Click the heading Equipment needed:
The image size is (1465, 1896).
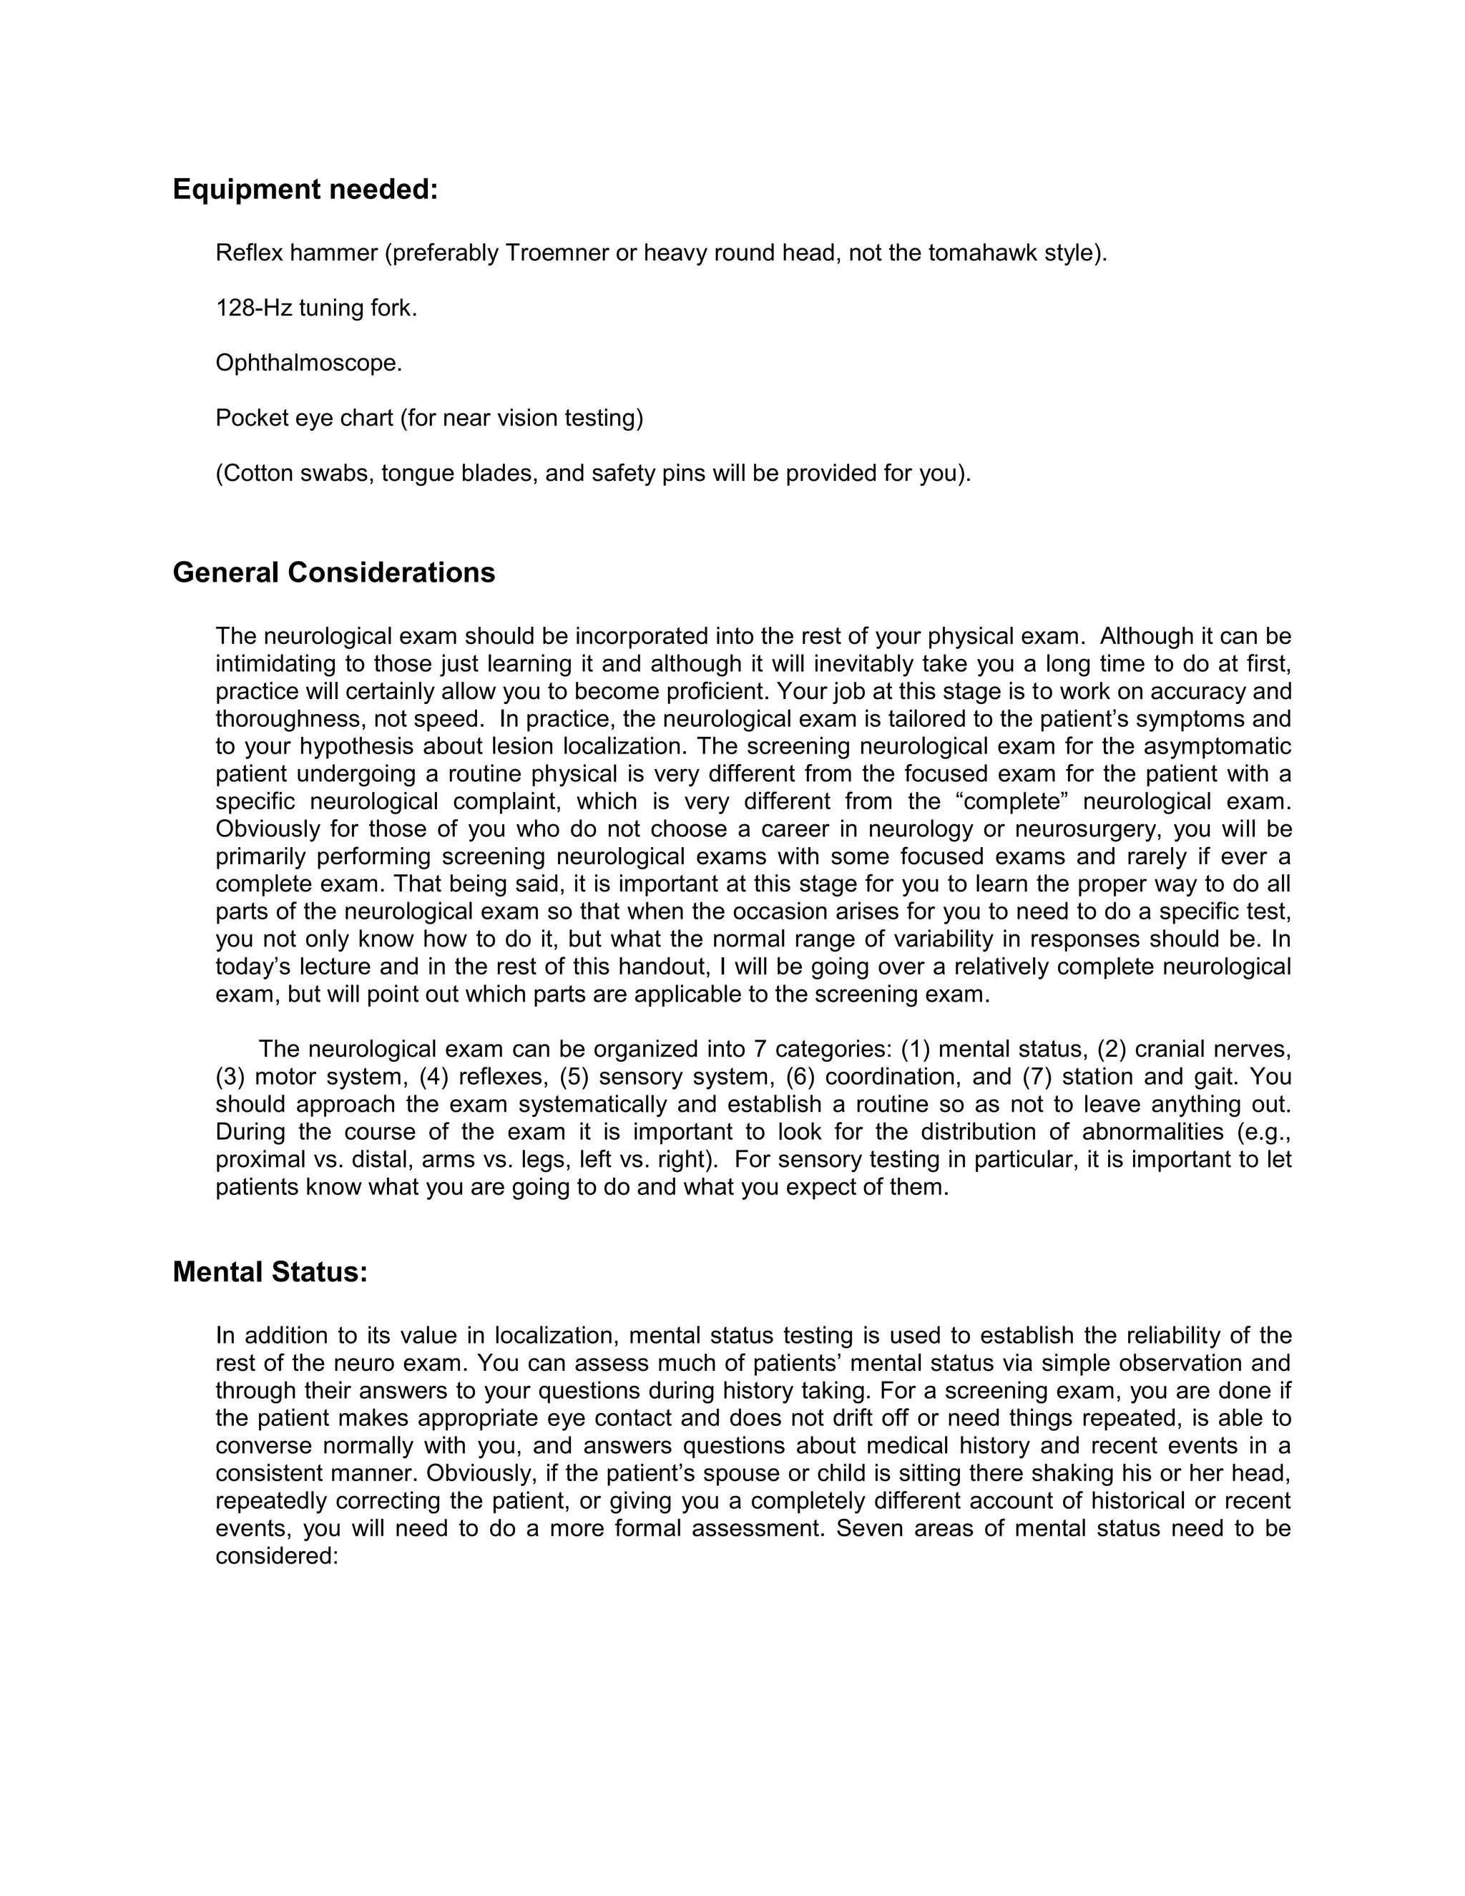pyautogui.click(x=305, y=190)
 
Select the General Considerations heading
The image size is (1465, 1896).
pyautogui.click(x=333, y=573)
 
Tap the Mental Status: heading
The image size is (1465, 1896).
pyautogui.click(x=270, y=1272)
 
